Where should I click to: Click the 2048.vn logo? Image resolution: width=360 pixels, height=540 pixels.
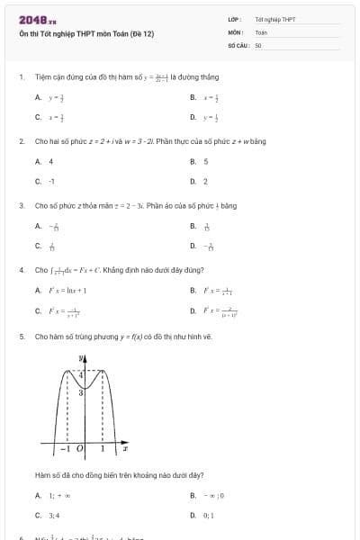click(x=37, y=19)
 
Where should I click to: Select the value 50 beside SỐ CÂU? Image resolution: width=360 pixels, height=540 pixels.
click(x=258, y=43)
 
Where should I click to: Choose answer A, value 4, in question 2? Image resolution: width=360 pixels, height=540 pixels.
click(x=50, y=161)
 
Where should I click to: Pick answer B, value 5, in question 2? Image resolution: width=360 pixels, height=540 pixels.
click(x=205, y=161)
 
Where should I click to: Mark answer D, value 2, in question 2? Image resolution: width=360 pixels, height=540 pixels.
click(x=205, y=181)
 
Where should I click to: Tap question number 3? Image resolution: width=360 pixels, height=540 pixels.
click(x=21, y=205)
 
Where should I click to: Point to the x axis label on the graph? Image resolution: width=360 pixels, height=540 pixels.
click(x=125, y=447)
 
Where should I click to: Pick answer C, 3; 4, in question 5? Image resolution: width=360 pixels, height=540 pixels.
click(x=52, y=515)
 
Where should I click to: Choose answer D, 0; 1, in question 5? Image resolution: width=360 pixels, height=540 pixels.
click(x=207, y=515)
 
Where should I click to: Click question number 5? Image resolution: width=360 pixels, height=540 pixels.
click(x=21, y=336)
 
